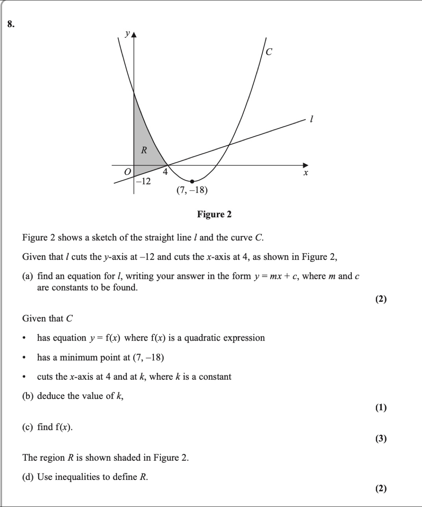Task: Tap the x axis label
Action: pyautogui.click(x=306, y=173)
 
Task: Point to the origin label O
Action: pyautogui.click(x=127, y=172)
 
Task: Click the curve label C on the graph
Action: pyautogui.click(x=269, y=52)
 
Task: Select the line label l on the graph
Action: pyautogui.click(x=311, y=119)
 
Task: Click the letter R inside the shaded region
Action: pyautogui.click(x=144, y=150)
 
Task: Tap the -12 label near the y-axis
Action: pyautogui.click(x=144, y=182)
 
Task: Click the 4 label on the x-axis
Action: pyautogui.click(x=165, y=173)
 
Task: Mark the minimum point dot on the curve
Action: pyautogui.click(x=192, y=182)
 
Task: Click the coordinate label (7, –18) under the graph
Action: pyautogui.click(x=192, y=190)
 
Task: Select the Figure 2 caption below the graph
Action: pyautogui.click(x=214, y=214)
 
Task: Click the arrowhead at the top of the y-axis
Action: pyautogui.click(x=134, y=35)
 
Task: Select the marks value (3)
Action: pyautogui.click(x=381, y=438)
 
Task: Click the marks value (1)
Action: pyautogui.click(x=381, y=407)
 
